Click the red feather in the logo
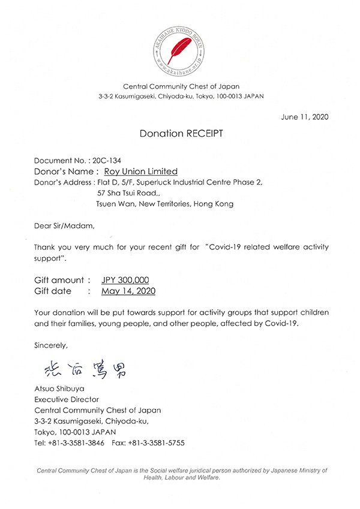coord(180,46)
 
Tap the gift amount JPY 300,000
coord(125,280)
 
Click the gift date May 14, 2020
coord(128,291)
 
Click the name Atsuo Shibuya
coord(59,388)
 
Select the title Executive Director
coord(67,399)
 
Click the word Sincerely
coord(51,345)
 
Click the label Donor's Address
coord(62,182)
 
